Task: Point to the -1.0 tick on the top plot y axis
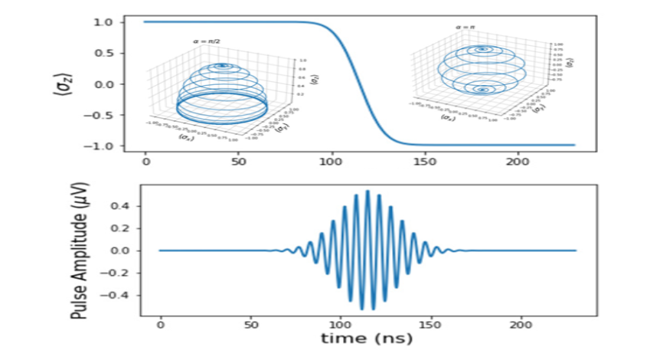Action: (x=105, y=146)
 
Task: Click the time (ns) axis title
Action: (x=368, y=339)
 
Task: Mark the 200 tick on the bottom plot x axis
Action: (x=521, y=325)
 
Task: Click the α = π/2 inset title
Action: (x=207, y=41)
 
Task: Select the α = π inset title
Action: (x=466, y=28)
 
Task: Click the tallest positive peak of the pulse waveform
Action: (x=368, y=191)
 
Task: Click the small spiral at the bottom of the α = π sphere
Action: (x=482, y=90)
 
